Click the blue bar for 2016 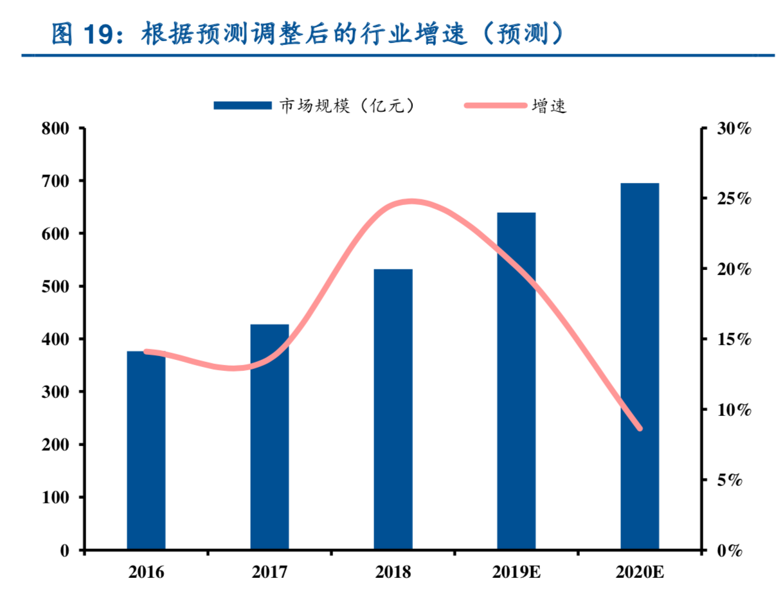146,450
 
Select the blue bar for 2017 269,437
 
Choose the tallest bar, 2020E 640,366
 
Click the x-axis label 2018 393,572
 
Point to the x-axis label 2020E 640,572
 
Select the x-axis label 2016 146,572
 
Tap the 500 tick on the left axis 55,286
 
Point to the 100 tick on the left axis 55,498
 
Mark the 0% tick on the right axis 730,550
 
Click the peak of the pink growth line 410,202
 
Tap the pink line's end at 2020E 640,428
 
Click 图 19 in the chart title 84,33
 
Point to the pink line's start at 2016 147,352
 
